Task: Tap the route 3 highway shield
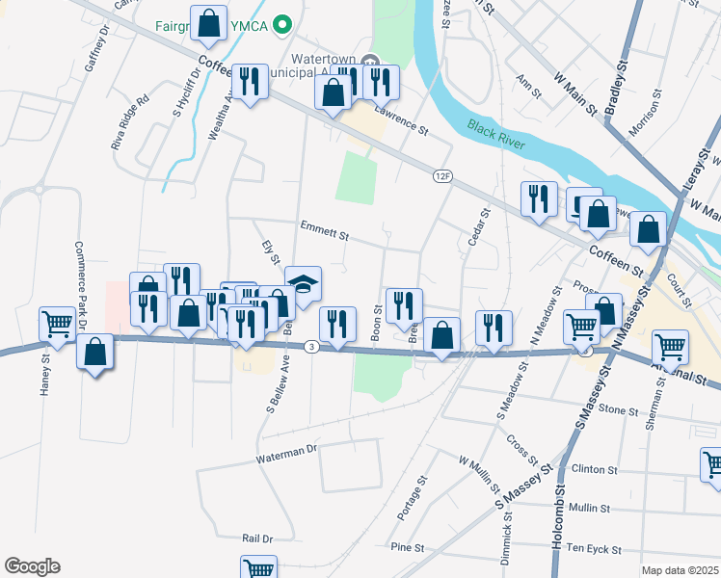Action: pyautogui.click(x=311, y=346)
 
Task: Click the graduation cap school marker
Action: pyautogui.click(x=304, y=284)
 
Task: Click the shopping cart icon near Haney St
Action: pyautogui.click(x=58, y=323)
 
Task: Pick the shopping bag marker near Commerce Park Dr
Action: pyautogui.click(x=96, y=353)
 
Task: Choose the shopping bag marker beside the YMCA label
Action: pyautogui.click(x=208, y=24)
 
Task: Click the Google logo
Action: pyautogui.click(x=32, y=566)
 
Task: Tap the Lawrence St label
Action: pyautogui.click(x=401, y=123)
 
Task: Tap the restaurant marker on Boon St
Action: pyautogui.click(x=404, y=305)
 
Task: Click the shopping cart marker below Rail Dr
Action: pyautogui.click(x=257, y=568)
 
